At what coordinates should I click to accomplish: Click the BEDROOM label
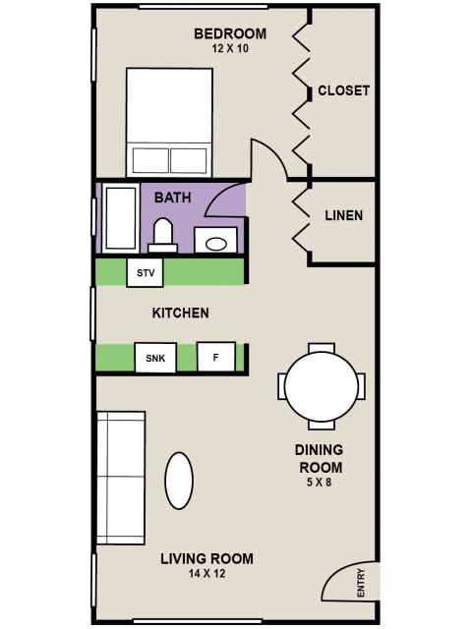tap(230, 33)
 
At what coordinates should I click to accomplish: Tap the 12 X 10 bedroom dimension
tap(230, 48)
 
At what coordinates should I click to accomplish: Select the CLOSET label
tap(343, 90)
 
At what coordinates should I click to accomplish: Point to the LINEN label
tap(344, 215)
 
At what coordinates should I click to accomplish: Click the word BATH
tap(173, 198)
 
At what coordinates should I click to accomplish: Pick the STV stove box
tap(145, 273)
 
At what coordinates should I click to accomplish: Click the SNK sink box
tap(155, 358)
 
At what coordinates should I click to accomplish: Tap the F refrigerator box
tap(216, 357)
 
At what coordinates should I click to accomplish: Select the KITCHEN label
tap(180, 313)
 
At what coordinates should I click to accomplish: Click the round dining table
tap(322, 386)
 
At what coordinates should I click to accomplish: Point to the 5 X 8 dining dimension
tap(319, 483)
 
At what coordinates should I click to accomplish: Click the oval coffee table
tap(179, 481)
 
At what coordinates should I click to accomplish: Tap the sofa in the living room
tap(121, 478)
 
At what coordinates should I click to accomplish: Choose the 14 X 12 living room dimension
tap(206, 574)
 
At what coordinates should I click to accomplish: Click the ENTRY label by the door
tap(361, 583)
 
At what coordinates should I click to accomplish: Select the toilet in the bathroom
tap(163, 236)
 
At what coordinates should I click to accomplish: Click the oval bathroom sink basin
tap(216, 244)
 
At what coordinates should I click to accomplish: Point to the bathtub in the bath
tap(120, 218)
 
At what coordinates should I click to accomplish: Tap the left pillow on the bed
tap(150, 160)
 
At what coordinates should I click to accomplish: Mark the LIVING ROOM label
tap(206, 559)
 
